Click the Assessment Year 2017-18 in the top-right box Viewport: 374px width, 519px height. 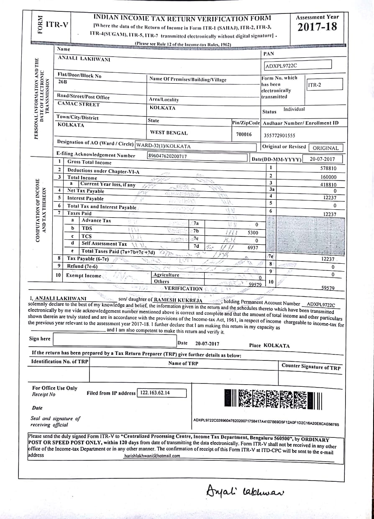pos(317,27)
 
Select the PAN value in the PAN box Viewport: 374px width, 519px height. pos(281,66)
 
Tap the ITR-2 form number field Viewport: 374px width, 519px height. pos(315,85)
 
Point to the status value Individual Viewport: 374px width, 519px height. pos(294,109)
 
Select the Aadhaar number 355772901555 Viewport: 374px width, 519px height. pos(279,135)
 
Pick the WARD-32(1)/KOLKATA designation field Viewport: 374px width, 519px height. pos(164,146)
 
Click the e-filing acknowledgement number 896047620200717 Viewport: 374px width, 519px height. pos(168,156)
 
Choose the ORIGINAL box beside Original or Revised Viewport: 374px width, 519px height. pos(325,148)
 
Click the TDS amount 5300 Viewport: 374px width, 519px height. pos(253,232)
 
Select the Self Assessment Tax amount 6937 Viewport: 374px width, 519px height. pos(253,248)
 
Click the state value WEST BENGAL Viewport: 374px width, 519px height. pos(169,133)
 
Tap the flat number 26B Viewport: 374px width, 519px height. pos(63,82)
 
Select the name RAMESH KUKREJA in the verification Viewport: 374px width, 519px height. pos(178,300)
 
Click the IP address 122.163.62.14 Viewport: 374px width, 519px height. pos(156,393)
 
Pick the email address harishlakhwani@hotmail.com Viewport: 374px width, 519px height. pos(152,456)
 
